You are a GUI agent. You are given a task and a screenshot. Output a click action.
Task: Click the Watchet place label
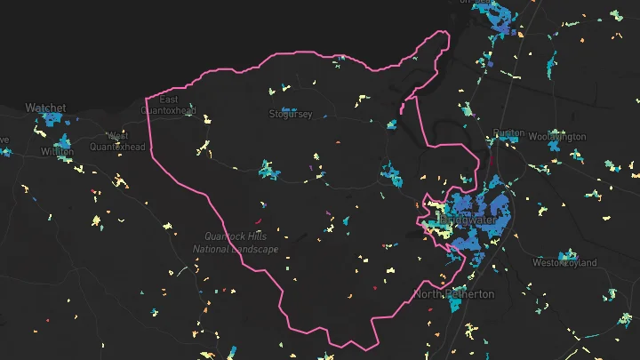point(45,108)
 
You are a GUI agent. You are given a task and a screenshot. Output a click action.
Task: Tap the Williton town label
point(57,152)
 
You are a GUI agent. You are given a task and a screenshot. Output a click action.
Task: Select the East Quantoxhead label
point(169,105)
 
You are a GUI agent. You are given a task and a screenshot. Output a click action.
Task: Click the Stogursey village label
point(291,114)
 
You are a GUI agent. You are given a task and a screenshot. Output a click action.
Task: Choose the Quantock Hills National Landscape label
point(236,243)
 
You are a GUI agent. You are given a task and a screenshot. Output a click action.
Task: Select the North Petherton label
point(453,293)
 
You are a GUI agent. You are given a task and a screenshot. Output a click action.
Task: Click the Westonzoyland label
point(568,263)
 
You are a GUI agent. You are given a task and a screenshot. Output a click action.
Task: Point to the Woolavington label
point(557,137)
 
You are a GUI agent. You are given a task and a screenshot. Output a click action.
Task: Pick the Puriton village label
point(508,133)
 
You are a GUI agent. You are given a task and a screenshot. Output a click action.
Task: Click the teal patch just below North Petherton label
point(455,304)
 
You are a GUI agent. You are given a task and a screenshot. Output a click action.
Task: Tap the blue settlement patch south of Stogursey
point(268,168)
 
